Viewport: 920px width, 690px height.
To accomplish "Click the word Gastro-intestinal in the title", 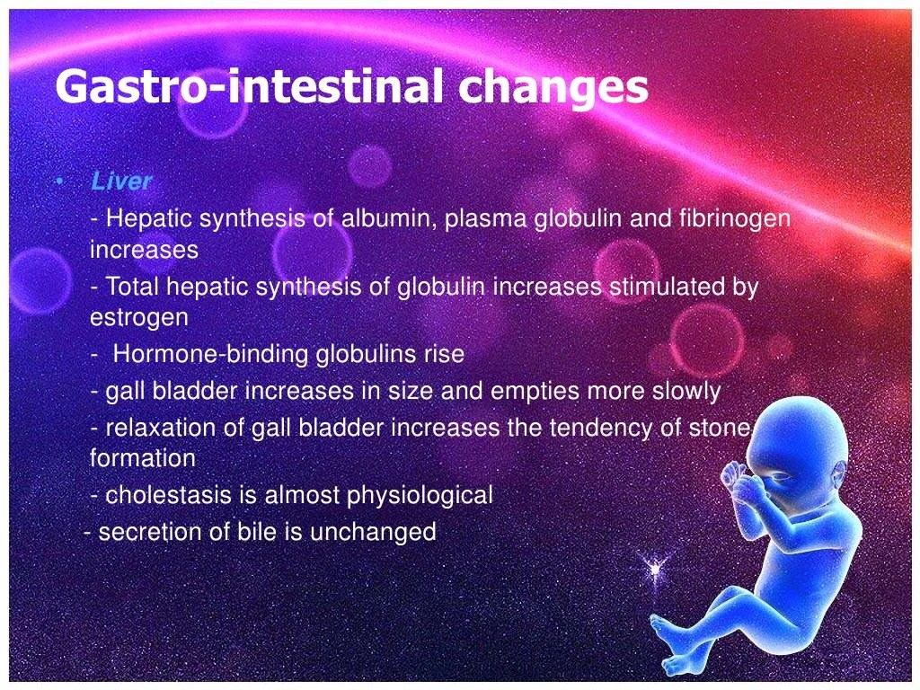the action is tap(250, 87).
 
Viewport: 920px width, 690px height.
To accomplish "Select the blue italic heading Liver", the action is tap(121, 181).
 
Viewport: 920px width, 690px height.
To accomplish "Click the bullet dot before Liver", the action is tap(59, 181).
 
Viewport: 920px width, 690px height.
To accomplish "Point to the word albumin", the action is tap(389, 218).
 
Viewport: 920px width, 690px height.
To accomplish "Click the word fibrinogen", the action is tap(735, 219).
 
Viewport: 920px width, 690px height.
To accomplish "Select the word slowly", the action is tap(685, 392).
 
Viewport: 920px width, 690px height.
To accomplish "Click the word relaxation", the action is tap(160, 427).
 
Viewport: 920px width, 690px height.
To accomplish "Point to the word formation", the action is tap(143, 458).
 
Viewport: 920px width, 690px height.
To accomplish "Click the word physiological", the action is tap(420, 496).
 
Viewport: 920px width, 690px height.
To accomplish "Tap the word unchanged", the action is tap(373, 532).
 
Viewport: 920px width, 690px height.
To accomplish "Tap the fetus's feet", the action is tap(675, 645).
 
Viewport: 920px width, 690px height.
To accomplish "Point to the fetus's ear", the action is tap(836, 476).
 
